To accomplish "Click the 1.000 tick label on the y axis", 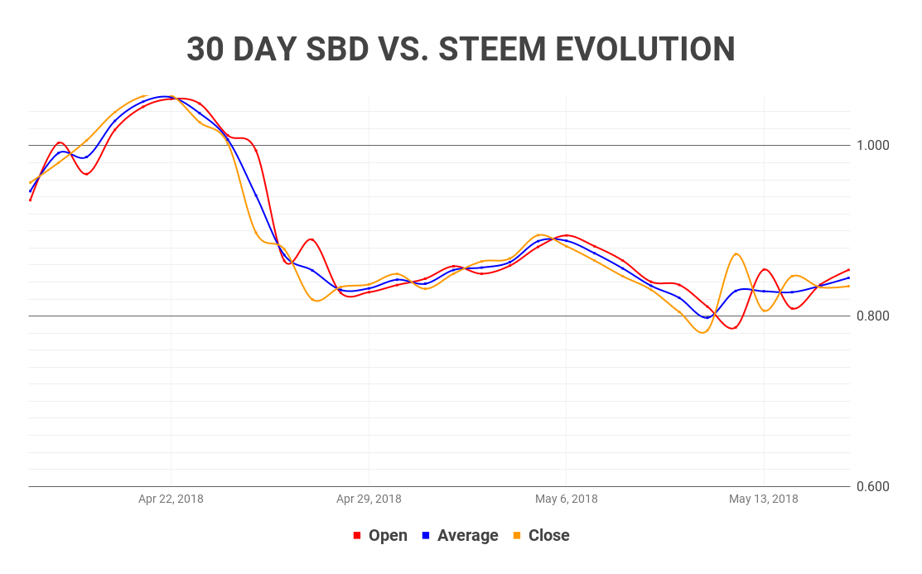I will tap(872, 145).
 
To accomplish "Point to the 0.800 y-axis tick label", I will tap(872, 316).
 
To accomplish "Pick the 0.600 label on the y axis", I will tap(872, 486).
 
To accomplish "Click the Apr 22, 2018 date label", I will tap(171, 499).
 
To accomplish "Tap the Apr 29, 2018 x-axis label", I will tap(369, 499).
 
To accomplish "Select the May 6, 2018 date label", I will tap(566, 499).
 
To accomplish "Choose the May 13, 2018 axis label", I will tap(763, 499).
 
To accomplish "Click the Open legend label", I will tap(388, 536).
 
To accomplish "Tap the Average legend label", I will tap(467, 536).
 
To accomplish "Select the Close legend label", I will tap(548, 536).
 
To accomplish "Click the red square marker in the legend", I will tap(357, 536).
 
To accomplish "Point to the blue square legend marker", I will tap(426, 536).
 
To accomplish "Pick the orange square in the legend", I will tap(517, 536).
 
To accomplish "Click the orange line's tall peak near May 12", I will tap(736, 253).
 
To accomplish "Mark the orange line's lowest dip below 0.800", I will tap(703, 333).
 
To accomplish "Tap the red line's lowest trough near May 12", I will tap(732, 328).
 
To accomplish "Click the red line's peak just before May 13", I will tap(765, 269).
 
